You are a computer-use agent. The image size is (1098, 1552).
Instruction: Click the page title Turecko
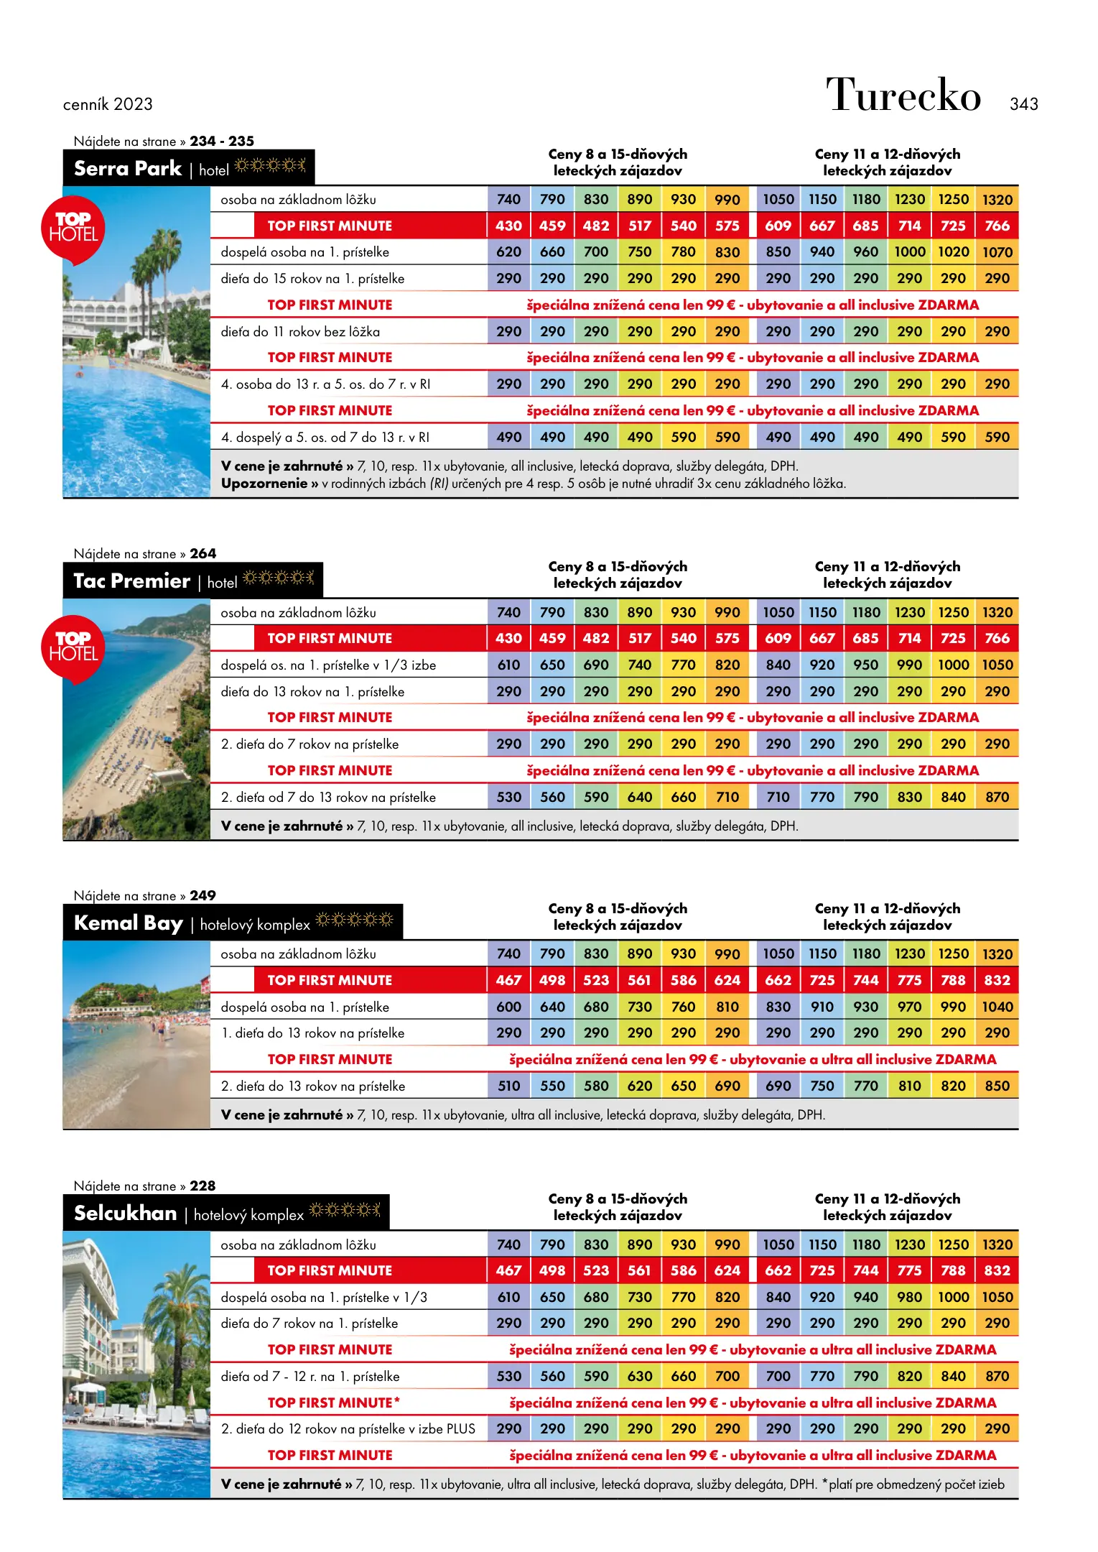tap(903, 96)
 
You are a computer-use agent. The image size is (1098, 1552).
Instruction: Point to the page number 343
tap(1023, 104)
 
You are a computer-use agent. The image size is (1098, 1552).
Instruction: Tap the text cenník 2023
tap(108, 104)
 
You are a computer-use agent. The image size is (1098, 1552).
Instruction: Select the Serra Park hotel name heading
tap(128, 168)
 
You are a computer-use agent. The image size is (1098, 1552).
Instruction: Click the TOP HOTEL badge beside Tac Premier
tap(73, 647)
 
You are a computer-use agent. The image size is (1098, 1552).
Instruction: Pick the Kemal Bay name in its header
tap(129, 923)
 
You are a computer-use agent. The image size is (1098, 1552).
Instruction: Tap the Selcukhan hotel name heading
tap(126, 1213)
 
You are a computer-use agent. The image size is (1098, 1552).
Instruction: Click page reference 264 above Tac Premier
tap(203, 553)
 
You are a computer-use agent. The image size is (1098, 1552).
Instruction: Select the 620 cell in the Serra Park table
tap(508, 252)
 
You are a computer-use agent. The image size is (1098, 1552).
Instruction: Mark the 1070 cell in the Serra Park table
tap(997, 252)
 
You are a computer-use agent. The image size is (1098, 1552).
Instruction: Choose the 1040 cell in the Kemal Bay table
tap(997, 1007)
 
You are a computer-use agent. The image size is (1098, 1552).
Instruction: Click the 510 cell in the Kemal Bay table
tap(508, 1086)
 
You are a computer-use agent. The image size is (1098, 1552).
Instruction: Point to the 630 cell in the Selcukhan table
tap(639, 1376)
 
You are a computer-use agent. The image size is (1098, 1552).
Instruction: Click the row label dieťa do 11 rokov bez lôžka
tap(300, 331)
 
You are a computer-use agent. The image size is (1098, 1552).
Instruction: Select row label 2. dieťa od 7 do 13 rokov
tap(328, 797)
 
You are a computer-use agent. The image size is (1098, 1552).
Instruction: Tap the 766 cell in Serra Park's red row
tap(997, 226)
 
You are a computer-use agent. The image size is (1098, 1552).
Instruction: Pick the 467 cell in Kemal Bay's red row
tap(508, 980)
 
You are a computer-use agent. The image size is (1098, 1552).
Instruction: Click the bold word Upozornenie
tap(264, 484)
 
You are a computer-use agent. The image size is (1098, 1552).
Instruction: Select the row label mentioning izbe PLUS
tap(348, 1428)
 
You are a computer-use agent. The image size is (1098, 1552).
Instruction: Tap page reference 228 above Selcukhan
tap(203, 1186)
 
